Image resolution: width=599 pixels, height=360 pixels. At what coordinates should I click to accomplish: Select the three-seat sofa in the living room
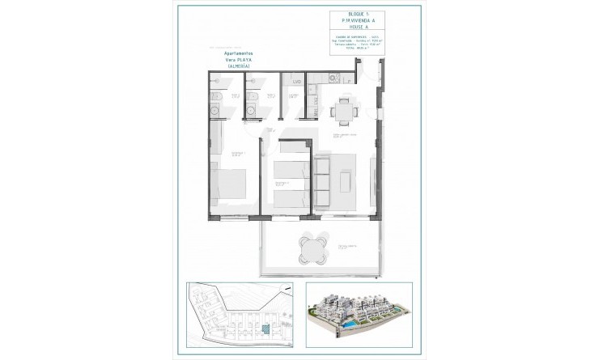322,180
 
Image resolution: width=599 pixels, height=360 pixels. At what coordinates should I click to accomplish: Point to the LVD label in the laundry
297,82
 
